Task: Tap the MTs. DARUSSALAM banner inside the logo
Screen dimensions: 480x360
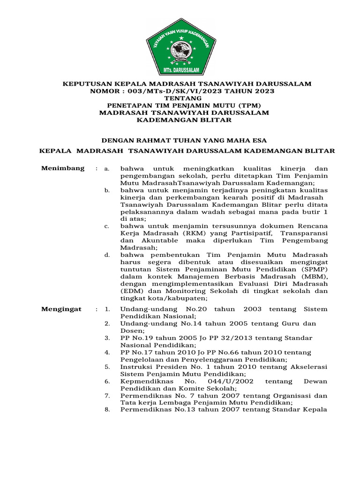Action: click(x=180, y=69)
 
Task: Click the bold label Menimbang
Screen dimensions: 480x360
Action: click(x=63, y=168)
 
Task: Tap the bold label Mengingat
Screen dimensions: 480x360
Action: click(x=61, y=309)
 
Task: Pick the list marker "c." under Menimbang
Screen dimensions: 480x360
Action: click(x=107, y=226)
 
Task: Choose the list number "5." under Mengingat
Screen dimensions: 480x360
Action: click(x=107, y=367)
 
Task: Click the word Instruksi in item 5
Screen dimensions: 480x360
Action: click(x=137, y=367)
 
